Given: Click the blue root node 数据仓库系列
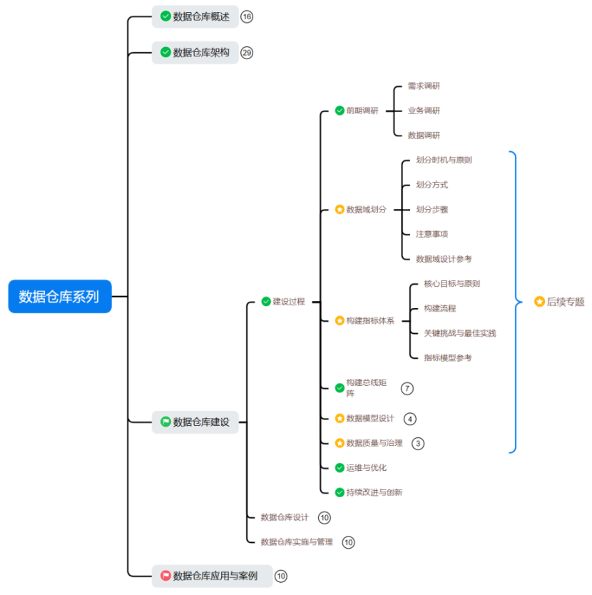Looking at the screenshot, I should coord(60,296).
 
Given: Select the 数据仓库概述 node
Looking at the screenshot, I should coord(200,16).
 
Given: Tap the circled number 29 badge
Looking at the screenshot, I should coord(247,52).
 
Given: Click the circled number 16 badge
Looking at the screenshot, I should coord(247,16).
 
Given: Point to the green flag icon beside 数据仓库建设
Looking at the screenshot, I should coord(165,422).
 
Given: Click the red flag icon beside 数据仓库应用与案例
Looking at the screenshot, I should coord(165,576).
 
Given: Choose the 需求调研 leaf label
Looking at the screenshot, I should coord(424,86).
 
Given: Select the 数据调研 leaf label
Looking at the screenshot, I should coord(424,136).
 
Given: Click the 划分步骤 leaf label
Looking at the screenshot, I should coord(432,210).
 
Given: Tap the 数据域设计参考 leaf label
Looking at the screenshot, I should coord(444,259).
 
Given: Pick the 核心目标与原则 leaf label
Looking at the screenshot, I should coord(451,283).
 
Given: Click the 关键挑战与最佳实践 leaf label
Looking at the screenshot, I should coord(459,333).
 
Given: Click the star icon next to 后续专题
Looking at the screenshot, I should coord(539,302).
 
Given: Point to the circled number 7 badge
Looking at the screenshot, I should coord(407,388).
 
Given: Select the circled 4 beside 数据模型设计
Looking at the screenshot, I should coord(409,419).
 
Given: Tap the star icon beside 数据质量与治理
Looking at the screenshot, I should coord(340,443).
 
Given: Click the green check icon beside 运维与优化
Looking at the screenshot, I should coord(340,468).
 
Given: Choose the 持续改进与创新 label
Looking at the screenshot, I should coord(374,492).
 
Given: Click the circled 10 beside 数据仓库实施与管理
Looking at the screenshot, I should coord(348,542).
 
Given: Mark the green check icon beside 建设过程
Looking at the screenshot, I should coord(266,302).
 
